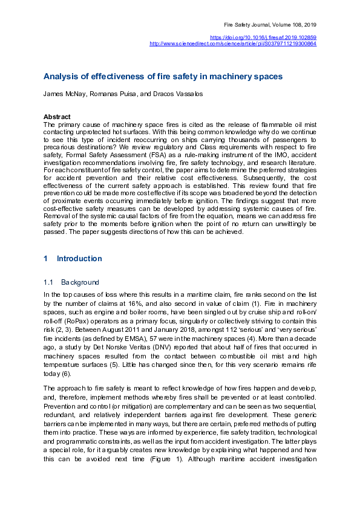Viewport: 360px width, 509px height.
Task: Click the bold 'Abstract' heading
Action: point(57,117)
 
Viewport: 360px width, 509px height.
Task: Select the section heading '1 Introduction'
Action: point(73,259)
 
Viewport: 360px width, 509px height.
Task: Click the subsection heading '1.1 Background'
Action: point(71,282)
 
